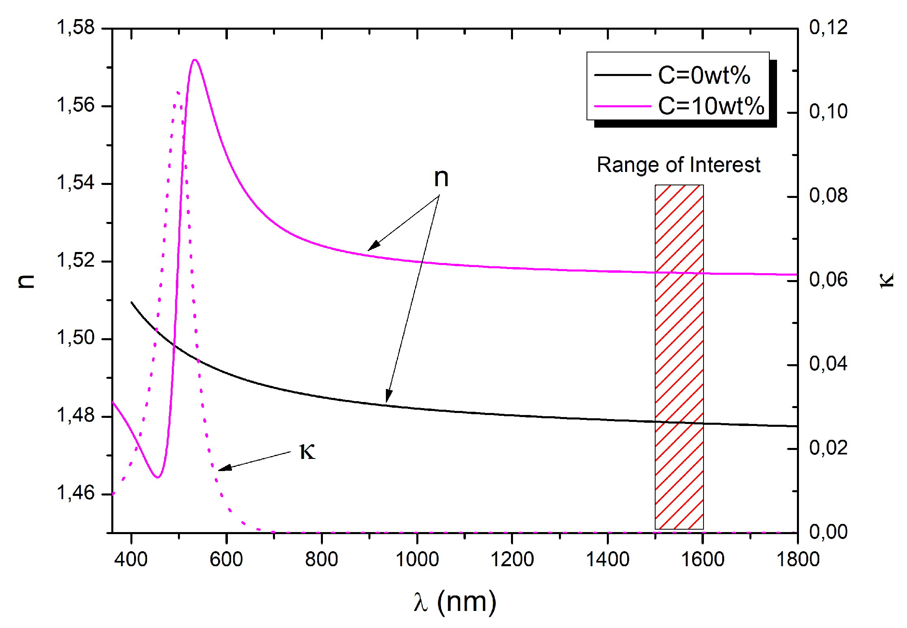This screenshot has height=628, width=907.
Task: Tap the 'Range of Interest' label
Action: point(678,165)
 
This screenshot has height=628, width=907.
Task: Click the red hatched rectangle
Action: point(679,357)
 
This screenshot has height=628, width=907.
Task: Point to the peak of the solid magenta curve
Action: point(195,60)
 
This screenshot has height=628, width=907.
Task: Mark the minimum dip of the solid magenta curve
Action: point(158,477)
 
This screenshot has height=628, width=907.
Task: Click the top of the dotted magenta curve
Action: point(178,92)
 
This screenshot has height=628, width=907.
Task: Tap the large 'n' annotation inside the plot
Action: point(441,178)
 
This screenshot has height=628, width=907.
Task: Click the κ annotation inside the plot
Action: point(307,452)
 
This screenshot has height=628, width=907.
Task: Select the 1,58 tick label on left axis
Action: point(76,28)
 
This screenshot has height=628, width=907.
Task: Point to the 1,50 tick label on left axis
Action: point(76,338)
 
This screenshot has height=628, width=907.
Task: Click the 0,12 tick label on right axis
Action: point(828,28)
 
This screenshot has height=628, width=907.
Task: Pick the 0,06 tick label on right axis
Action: point(828,280)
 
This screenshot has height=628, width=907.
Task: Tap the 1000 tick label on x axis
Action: point(417,559)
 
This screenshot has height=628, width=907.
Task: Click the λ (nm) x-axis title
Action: point(455,602)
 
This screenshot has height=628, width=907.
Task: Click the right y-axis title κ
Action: point(886,280)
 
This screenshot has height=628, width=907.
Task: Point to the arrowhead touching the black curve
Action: point(388,398)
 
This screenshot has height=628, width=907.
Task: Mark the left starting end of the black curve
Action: point(132,302)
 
